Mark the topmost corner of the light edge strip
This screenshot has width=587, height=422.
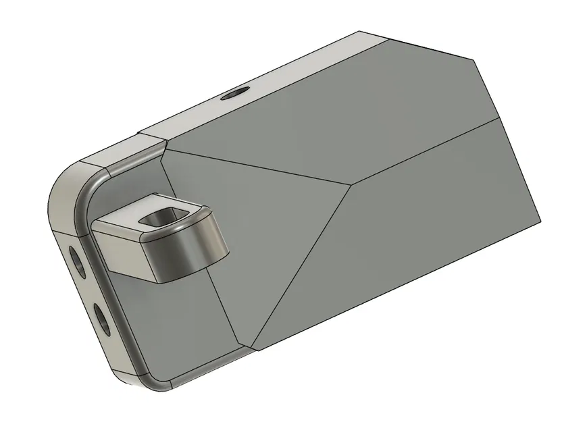[x=359, y=31]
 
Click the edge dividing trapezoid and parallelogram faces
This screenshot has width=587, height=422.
[x=426, y=152]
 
